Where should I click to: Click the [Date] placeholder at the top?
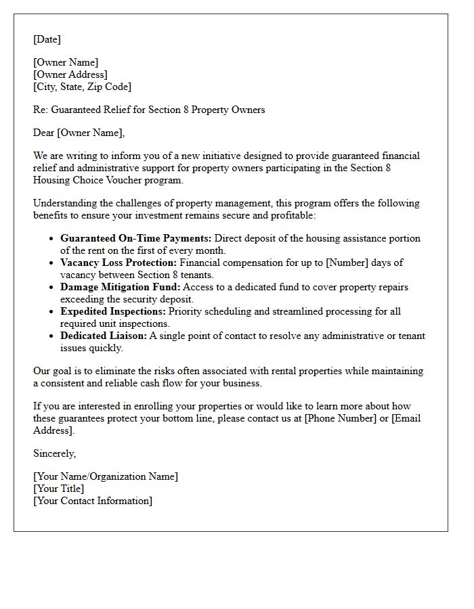[47, 39]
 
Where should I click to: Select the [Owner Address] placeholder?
[70, 74]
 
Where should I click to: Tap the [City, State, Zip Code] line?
[83, 87]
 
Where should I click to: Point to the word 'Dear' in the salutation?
[44, 133]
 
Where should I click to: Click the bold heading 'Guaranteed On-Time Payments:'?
[136, 238]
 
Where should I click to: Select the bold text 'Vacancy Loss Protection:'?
[118, 263]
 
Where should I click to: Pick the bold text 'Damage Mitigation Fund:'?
[121, 287]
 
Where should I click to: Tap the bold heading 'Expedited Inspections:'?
[113, 311]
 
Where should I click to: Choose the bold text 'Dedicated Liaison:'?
[104, 336]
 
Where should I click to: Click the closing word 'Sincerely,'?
[55, 453]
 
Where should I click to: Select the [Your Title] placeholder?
[59, 489]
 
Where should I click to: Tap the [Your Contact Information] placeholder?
[93, 501]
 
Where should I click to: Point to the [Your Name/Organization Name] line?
[106, 476]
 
